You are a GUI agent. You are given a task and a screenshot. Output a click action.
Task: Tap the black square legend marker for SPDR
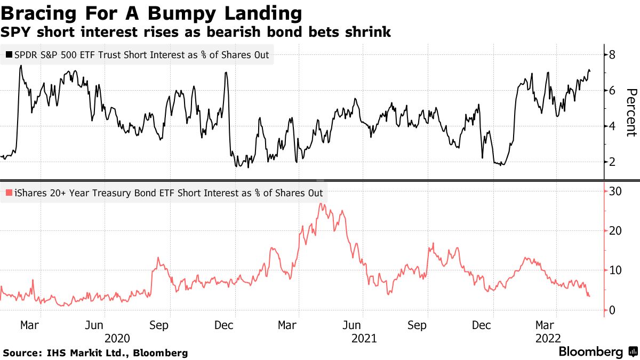(9, 54)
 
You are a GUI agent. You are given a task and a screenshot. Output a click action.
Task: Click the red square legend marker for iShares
(9, 193)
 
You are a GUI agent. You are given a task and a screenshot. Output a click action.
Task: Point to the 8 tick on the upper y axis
(613, 54)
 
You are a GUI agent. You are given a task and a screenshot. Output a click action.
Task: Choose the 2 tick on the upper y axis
(613, 162)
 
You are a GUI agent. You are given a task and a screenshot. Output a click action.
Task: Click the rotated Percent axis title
(631, 113)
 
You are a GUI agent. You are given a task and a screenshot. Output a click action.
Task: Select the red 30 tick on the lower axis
(616, 191)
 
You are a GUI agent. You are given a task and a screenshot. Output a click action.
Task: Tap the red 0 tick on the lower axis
(613, 310)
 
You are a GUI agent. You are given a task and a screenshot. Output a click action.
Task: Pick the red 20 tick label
(616, 230)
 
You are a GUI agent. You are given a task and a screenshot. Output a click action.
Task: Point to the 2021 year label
(364, 338)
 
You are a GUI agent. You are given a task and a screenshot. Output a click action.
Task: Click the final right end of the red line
(589, 296)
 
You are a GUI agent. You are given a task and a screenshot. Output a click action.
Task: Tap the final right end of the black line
(590, 71)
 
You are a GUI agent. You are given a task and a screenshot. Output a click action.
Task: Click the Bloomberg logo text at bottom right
(590, 352)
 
